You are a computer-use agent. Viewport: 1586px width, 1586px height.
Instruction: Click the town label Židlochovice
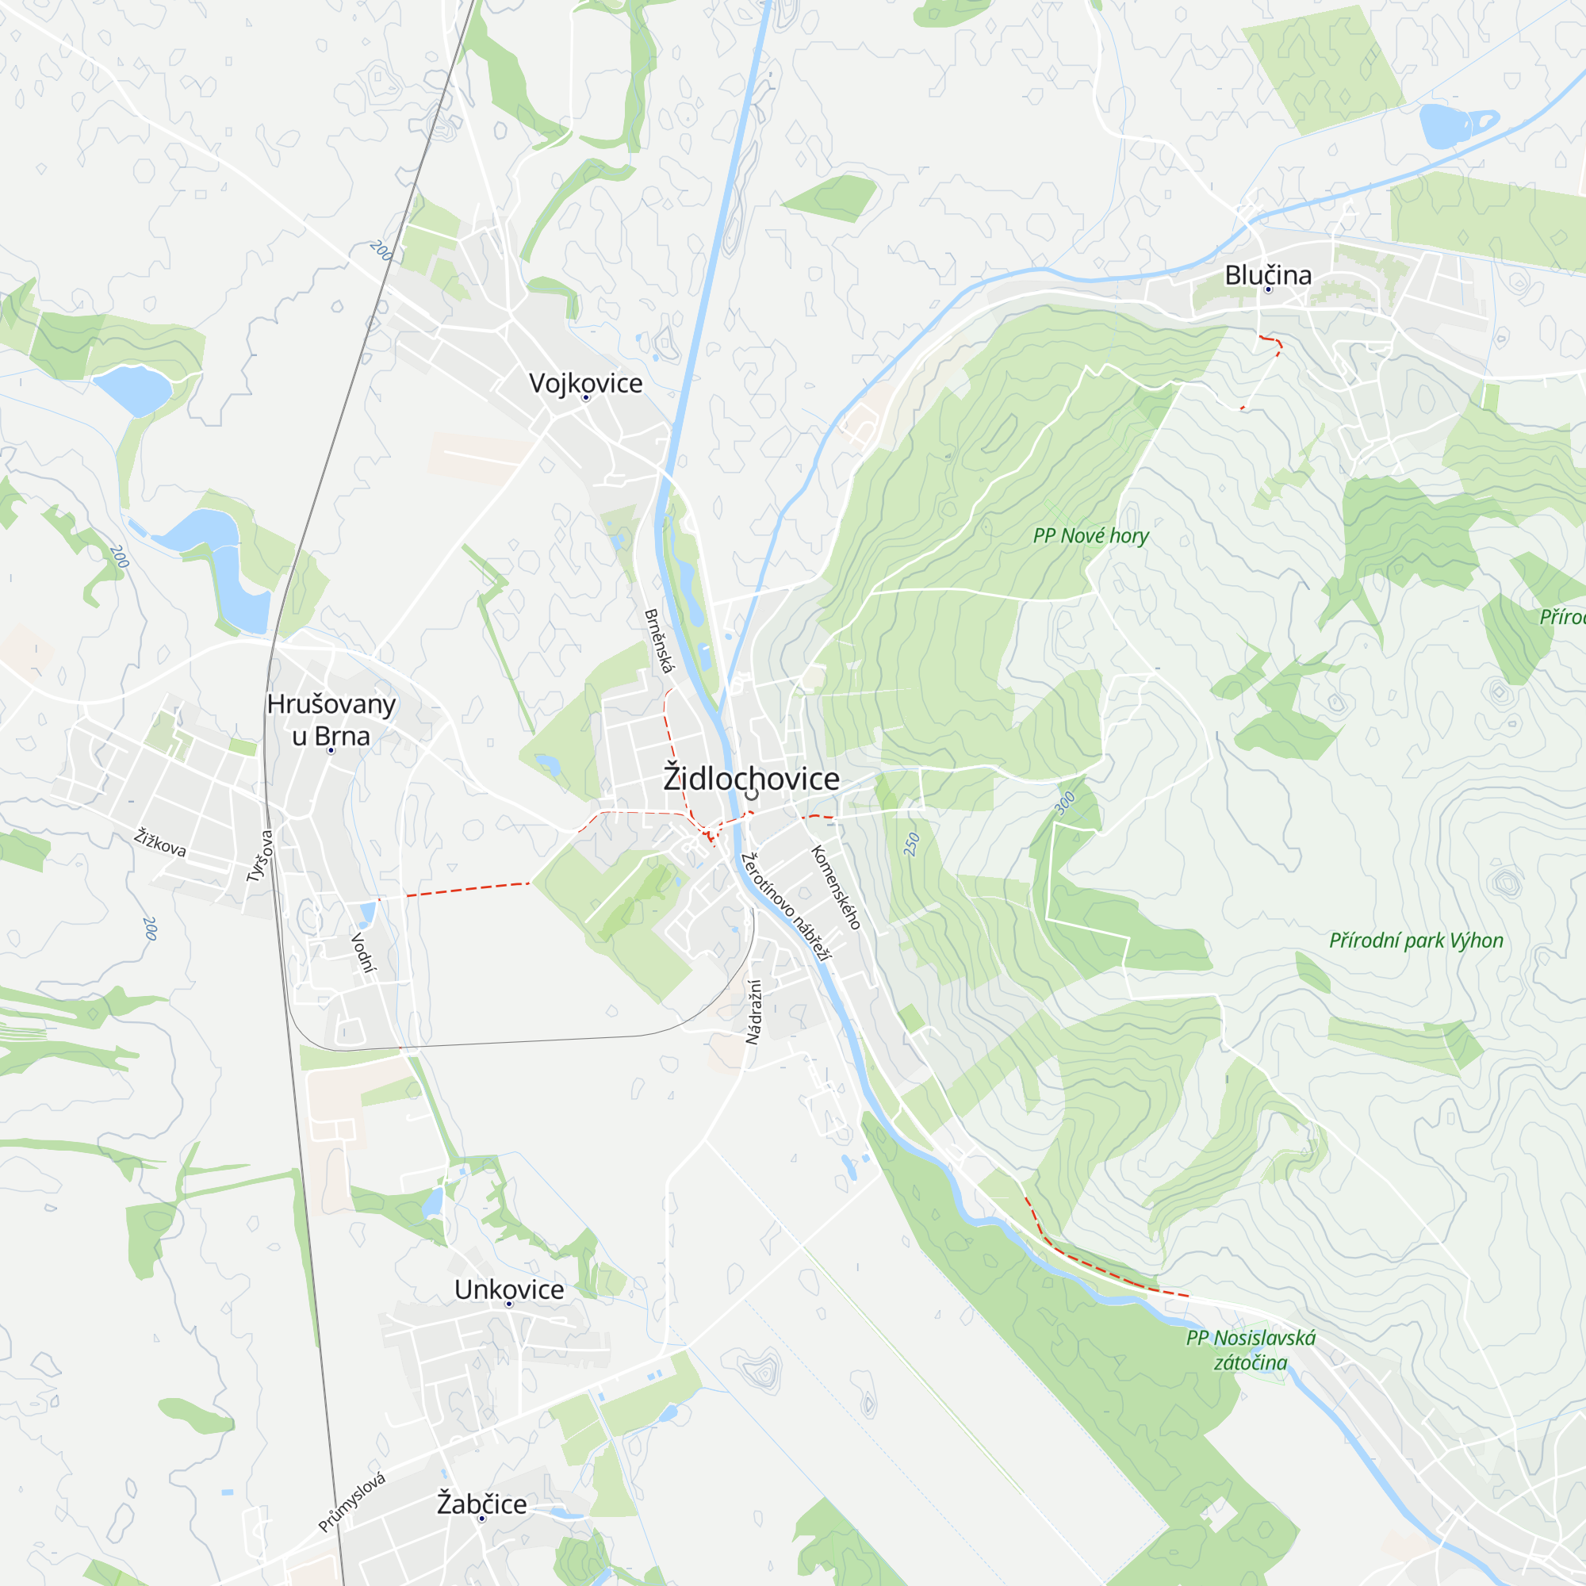(x=751, y=778)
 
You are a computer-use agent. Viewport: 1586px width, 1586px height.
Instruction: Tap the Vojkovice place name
(x=585, y=382)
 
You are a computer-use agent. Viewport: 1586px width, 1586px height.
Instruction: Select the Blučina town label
(x=1267, y=275)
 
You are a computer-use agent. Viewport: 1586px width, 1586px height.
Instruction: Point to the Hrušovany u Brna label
(x=331, y=720)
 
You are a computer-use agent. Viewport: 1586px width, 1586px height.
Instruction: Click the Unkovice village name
(x=509, y=1289)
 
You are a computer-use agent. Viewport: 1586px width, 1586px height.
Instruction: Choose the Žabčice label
(x=481, y=1504)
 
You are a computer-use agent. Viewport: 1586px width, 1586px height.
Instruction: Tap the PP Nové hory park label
(x=1090, y=536)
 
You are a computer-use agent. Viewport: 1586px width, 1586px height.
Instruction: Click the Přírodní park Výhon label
(x=1416, y=940)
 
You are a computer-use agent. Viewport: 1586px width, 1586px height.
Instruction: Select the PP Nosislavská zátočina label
(x=1251, y=1350)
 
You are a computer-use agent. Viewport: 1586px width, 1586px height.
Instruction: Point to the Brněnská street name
(x=658, y=641)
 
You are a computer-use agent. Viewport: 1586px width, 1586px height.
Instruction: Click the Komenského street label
(x=836, y=887)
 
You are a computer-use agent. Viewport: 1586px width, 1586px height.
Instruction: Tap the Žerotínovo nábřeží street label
(x=786, y=906)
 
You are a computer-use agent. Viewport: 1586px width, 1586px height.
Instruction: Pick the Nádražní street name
(x=753, y=1011)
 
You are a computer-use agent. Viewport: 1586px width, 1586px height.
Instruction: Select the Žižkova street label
(x=160, y=843)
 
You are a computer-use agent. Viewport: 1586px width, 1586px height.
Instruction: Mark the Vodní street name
(x=363, y=952)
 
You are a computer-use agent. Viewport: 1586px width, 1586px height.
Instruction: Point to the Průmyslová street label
(x=351, y=1503)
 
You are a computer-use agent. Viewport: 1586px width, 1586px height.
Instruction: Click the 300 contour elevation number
(x=1065, y=803)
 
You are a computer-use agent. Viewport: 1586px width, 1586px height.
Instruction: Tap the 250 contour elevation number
(x=911, y=845)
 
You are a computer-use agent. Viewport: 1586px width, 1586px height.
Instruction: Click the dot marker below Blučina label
(x=1267, y=289)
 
